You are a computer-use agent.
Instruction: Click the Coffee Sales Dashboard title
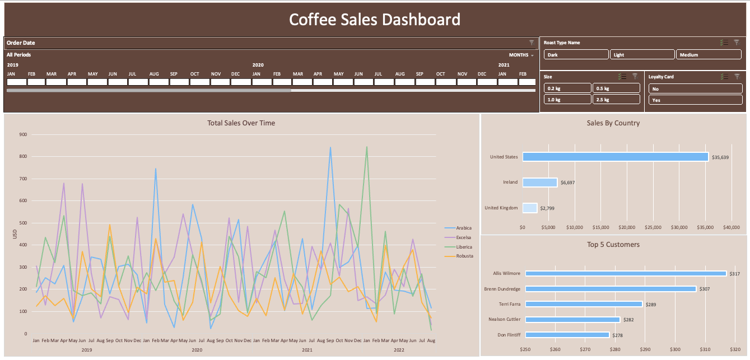coord(374,20)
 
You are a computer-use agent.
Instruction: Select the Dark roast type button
coord(576,55)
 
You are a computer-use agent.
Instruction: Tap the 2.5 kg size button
coord(616,100)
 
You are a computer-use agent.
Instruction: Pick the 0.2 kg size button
coord(567,88)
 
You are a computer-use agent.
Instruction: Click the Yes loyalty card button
coord(695,100)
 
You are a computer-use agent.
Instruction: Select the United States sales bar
coord(615,157)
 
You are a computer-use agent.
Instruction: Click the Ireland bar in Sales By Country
coord(539,183)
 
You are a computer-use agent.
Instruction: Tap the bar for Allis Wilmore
coord(626,274)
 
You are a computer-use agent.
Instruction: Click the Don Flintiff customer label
coord(508,335)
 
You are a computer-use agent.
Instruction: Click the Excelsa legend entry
coord(463,237)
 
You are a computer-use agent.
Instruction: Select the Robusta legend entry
coord(464,256)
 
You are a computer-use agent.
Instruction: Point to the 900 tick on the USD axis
coord(23,134)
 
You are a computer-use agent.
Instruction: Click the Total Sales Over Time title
coord(241,123)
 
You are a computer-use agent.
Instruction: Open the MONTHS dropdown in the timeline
coord(521,55)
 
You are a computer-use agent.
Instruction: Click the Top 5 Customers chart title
coord(613,245)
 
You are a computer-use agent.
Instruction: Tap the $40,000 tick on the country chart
coord(732,227)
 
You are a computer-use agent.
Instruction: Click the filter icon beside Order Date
coord(532,43)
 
